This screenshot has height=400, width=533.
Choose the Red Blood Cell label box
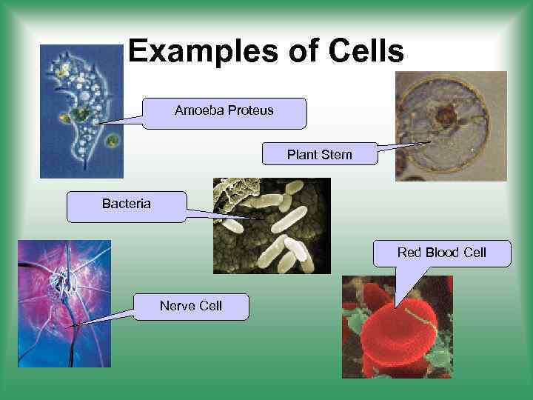click(x=441, y=253)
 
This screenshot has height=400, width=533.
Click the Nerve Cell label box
click(x=191, y=305)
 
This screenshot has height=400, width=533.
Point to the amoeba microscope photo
click(x=81, y=111)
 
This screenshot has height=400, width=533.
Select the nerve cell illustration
click(x=64, y=304)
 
